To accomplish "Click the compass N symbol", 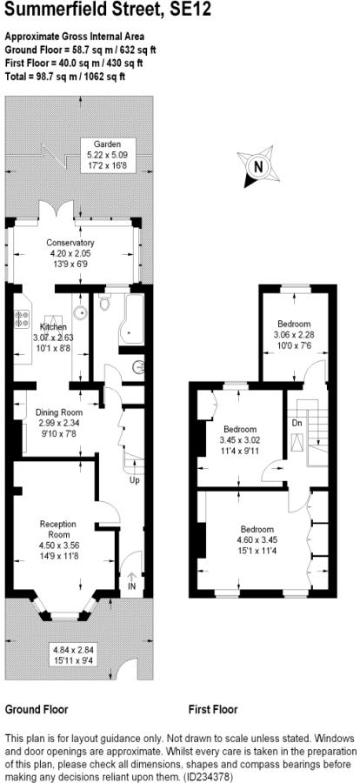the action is point(258,166).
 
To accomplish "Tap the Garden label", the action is point(108,144).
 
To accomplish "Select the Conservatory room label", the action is point(70,243).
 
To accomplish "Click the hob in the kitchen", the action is point(22,319).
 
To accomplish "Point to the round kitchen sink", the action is point(80,313).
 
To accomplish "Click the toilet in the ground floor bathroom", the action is point(105,302).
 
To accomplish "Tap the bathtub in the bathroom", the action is point(130,320).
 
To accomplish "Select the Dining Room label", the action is point(59,412).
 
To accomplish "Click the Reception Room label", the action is point(58,528).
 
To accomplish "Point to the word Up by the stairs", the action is point(134,480).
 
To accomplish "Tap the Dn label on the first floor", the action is point(297,423).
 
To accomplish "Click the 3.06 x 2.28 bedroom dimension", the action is point(294,334).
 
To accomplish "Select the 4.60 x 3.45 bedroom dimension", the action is point(257,539).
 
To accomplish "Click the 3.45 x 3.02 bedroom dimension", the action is point(240,440).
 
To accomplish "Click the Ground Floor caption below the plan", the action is point(37,709).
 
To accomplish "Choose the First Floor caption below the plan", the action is point(213,709).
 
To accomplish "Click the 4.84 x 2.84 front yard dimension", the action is point(73,650).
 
